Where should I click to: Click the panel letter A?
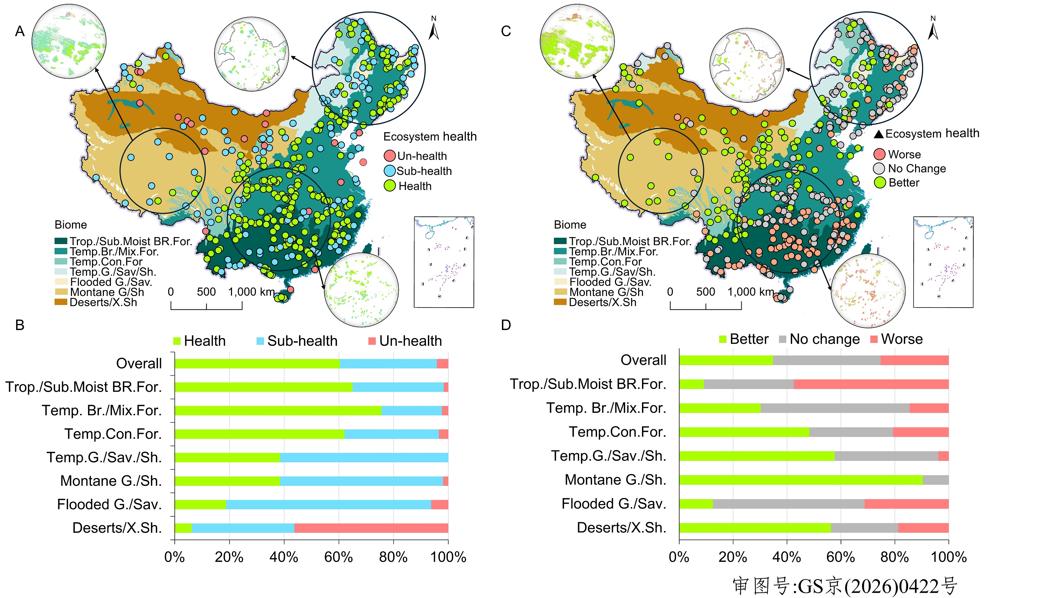(x=20, y=31)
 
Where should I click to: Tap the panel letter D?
(x=505, y=325)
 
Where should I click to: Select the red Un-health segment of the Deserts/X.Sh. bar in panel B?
(x=371, y=528)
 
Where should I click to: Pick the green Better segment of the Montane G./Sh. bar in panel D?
(x=800, y=480)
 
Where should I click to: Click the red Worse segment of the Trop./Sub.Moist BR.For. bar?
(x=870, y=384)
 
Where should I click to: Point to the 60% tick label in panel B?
(x=338, y=557)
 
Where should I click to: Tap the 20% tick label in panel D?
(x=733, y=557)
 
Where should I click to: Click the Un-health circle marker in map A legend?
(x=389, y=156)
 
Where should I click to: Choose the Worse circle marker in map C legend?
(x=879, y=154)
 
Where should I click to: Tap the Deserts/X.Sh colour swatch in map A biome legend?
(x=61, y=302)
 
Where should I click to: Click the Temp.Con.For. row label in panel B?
(x=113, y=434)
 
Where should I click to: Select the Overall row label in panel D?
(x=643, y=360)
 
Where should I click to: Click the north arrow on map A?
(x=433, y=29)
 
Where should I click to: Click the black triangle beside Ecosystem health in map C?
(x=879, y=134)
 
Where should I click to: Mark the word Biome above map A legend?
(x=71, y=225)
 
